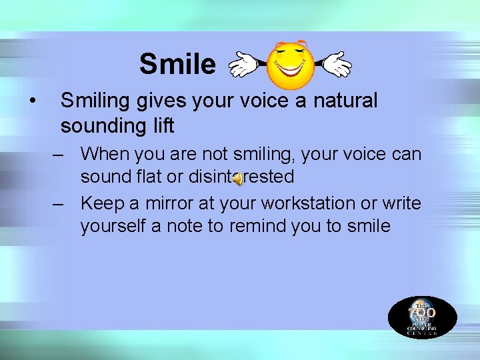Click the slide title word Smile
[x=177, y=65]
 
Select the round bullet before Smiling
[x=31, y=101]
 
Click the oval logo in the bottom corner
[x=423, y=317]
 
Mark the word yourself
[x=113, y=226]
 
